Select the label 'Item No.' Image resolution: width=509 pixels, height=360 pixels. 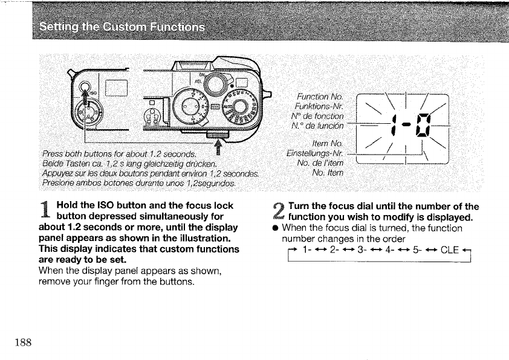[x=327, y=143]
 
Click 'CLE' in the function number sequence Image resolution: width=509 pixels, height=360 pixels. [x=451, y=251]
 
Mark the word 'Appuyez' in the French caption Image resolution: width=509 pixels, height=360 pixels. [x=56, y=174]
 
